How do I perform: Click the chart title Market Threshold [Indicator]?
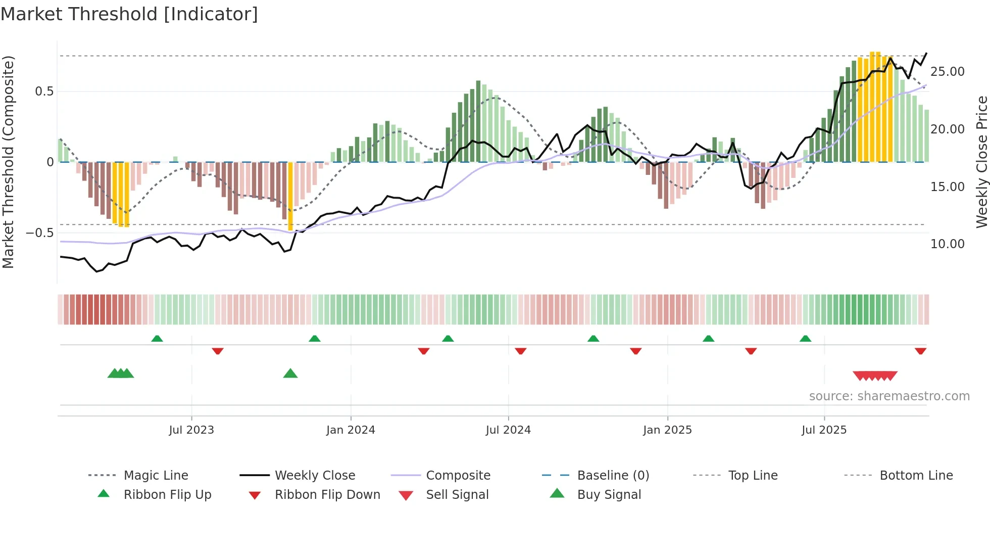click(129, 14)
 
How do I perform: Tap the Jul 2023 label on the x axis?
click(191, 430)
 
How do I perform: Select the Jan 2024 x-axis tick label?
click(351, 430)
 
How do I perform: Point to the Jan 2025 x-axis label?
click(667, 430)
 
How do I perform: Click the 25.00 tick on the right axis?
click(947, 72)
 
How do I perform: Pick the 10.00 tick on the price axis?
click(947, 244)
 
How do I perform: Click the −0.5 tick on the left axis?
click(40, 233)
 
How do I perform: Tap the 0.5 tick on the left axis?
click(44, 91)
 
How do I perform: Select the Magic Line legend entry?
click(156, 476)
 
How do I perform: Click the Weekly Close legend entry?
click(315, 476)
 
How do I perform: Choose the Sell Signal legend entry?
click(457, 495)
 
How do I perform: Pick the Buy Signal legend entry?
click(609, 495)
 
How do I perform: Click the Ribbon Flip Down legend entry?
click(327, 495)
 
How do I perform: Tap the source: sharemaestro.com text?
click(889, 396)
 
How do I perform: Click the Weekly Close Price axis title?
click(981, 162)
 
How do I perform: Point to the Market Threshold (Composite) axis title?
click(8, 162)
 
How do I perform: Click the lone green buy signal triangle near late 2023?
click(290, 374)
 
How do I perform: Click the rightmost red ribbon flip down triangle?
click(920, 351)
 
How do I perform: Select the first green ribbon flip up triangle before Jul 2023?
click(157, 338)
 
